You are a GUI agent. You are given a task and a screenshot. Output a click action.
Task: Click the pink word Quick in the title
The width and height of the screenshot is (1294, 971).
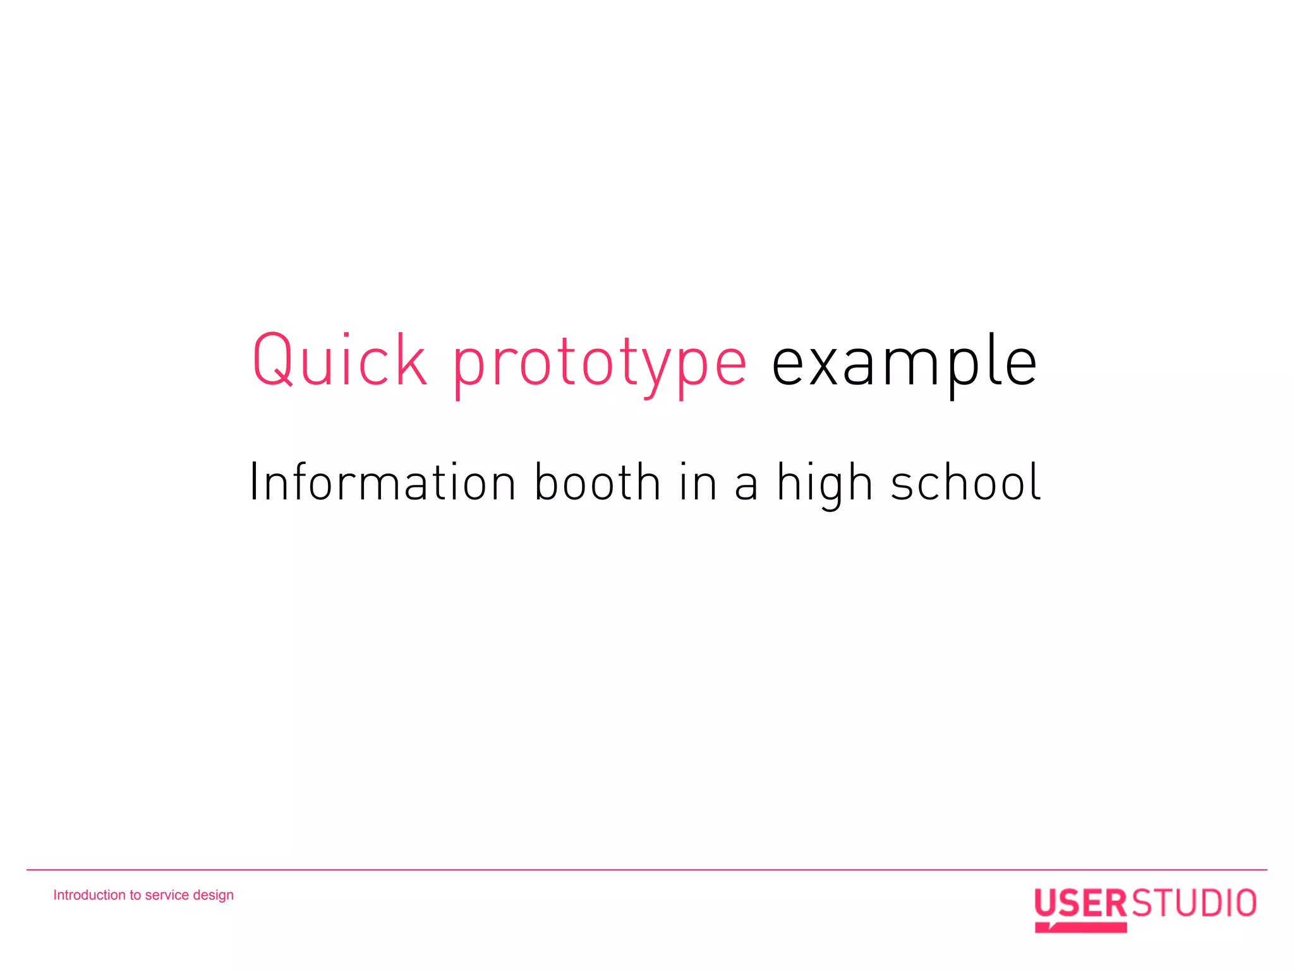point(339,360)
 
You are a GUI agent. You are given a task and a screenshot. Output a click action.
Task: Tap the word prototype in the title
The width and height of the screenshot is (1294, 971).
point(600,363)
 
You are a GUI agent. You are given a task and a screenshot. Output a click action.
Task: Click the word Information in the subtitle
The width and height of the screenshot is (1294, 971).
point(383,482)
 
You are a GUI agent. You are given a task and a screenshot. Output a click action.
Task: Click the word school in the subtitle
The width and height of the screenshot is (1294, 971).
point(965,482)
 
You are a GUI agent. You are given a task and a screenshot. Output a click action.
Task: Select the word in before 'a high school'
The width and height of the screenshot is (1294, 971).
point(698,482)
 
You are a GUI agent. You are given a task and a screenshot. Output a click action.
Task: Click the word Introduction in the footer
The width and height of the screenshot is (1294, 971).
point(89,895)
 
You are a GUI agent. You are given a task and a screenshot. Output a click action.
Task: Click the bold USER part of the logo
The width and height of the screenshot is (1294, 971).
point(1080,903)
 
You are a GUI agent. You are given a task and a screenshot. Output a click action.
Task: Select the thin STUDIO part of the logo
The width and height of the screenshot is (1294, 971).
point(1194,903)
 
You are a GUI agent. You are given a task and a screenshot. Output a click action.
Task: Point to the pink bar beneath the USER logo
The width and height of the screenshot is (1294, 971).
point(1082,927)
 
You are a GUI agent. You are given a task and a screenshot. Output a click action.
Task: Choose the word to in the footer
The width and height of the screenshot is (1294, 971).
point(135,895)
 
